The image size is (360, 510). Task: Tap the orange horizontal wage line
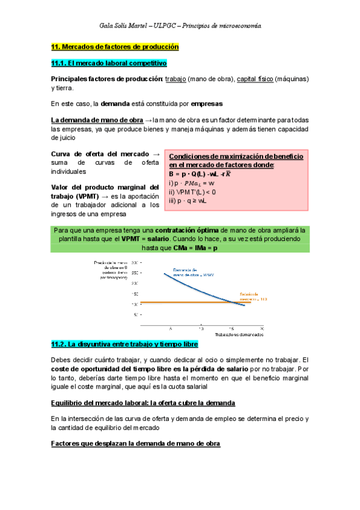tap(180, 301)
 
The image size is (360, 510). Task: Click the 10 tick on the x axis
tap(200, 330)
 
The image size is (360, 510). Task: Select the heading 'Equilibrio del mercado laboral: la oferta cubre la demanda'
tap(143, 402)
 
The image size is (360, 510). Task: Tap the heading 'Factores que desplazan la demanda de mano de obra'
tap(136, 443)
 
